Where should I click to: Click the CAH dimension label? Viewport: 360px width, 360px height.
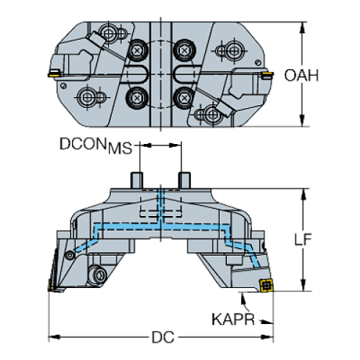point(302,75)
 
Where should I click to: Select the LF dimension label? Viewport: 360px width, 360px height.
point(303,240)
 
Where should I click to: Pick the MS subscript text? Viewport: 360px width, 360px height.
point(120,150)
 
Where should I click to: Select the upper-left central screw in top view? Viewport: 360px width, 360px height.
point(137,51)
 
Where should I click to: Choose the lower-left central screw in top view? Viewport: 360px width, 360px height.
point(137,97)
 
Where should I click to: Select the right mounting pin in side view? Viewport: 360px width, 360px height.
point(184,179)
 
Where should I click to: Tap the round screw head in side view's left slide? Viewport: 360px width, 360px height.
point(97,276)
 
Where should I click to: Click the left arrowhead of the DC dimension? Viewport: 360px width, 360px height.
point(53,337)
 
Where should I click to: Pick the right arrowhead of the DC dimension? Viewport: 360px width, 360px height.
point(270,337)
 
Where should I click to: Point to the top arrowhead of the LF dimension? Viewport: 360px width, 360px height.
point(302,193)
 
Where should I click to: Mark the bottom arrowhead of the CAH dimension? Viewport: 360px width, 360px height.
point(302,121)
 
